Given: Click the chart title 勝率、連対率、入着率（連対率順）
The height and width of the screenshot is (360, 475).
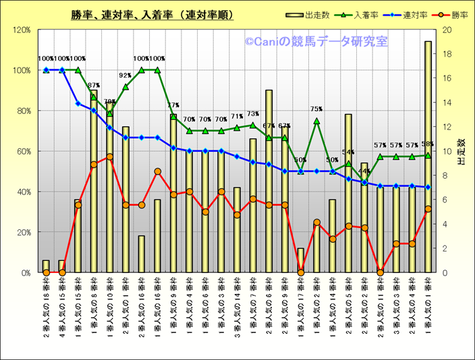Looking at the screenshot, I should (152, 14).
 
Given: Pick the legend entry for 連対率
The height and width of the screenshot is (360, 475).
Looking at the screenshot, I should (402, 15).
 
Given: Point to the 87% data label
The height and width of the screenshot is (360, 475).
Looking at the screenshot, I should (94, 86).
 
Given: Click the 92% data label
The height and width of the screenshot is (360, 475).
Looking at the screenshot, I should (125, 76).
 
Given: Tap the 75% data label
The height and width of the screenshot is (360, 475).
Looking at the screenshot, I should (316, 109).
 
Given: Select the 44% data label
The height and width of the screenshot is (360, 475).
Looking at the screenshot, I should (364, 171).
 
